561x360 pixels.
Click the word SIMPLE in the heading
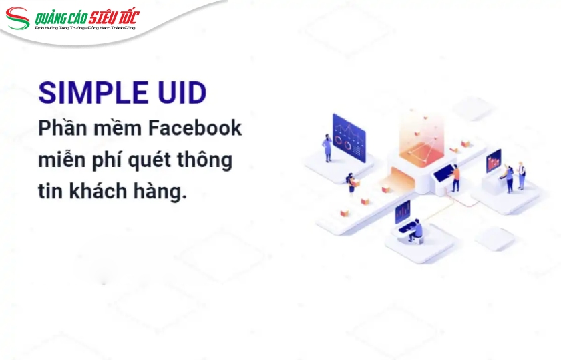point(83,92)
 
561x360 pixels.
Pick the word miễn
point(59,160)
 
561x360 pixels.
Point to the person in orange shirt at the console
point(456,177)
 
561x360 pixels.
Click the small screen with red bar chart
point(494,160)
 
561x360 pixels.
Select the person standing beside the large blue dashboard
point(327,148)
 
